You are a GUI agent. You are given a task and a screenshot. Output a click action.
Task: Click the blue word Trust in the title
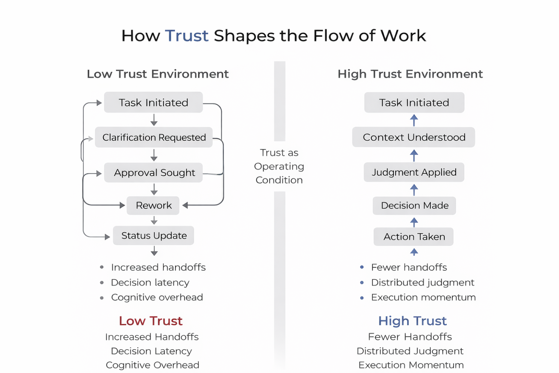pyautogui.click(x=187, y=36)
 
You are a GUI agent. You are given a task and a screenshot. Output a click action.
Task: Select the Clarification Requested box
pyautogui.click(x=154, y=137)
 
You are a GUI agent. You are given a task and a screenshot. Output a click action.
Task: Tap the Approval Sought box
pyautogui.click(x=154, y=173)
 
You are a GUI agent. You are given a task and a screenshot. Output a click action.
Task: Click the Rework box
pyautogui.click(x=153, y=205)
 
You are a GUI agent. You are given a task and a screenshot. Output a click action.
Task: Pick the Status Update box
pyautogui.click(x=154, y=235)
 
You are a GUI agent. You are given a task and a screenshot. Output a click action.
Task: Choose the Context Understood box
pyautogui.click(x=414, y=137)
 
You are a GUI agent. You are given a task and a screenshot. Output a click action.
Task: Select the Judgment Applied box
pyautogui.click(x=414, y=172)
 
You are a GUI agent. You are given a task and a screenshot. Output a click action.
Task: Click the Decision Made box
pyautogui.click(x=414, y=205)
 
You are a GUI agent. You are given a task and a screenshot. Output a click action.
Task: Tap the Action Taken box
pyautogui.click(x=414, y=237)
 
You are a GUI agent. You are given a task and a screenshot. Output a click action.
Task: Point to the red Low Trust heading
pyautogui.click(x=151, y=321)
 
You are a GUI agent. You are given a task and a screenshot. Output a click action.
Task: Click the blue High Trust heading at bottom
pyautogui.click(x=412, y=321)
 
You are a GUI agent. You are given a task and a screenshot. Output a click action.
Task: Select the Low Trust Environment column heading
pyautogui.click(x=158, y=74)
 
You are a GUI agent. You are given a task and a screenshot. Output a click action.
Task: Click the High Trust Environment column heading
pyautogui.click(x=410, y=74)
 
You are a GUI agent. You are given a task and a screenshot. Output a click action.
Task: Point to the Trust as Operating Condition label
pyautogui.click(x=279, y=166)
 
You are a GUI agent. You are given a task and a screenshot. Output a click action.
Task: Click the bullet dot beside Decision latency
pyautogui.click(x=102, y=282)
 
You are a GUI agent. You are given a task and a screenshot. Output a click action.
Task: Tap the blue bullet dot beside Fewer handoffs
pyautogui.click(x=362, y=267)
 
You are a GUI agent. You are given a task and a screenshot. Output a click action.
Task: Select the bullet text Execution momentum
pyautogui.click(x=423, y=297)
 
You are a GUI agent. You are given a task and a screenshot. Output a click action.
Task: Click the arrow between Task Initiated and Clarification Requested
pyautogui.click(x=154, y=120)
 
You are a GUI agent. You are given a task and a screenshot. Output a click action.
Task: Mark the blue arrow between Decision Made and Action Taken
pyautogui.click(x=414, y=222)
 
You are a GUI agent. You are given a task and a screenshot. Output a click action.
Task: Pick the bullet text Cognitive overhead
pyautogui.click(x=157, y=297)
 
